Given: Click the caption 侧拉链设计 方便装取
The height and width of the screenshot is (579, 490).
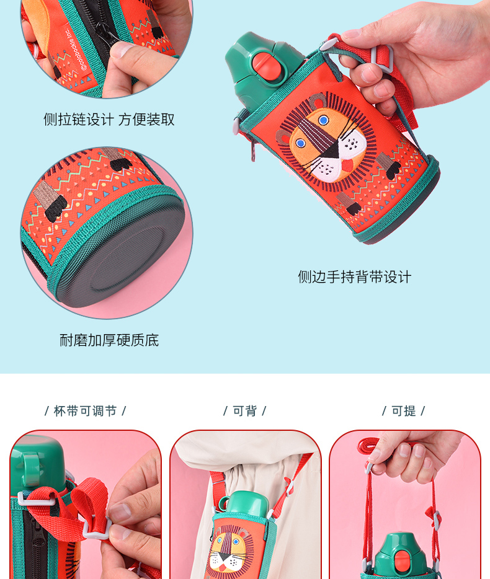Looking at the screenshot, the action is click(109, 120).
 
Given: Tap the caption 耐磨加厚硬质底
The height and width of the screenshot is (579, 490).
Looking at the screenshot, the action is click(109, 340).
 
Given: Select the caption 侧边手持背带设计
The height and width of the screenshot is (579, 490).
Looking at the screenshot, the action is click(354, 277).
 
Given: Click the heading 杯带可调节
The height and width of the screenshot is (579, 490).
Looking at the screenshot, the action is click(86, 411).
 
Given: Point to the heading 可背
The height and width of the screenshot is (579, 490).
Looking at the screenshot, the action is click(244, 411).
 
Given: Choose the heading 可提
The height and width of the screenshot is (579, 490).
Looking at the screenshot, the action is click(404, 411).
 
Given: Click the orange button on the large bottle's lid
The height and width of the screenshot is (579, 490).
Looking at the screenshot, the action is click(267, 64).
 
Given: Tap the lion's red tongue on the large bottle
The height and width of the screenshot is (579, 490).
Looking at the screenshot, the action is click(348, 165).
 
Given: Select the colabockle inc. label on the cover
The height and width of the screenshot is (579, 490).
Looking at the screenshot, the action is click(77, 48).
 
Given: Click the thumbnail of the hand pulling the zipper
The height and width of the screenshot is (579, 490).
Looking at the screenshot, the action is click(107, 48).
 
